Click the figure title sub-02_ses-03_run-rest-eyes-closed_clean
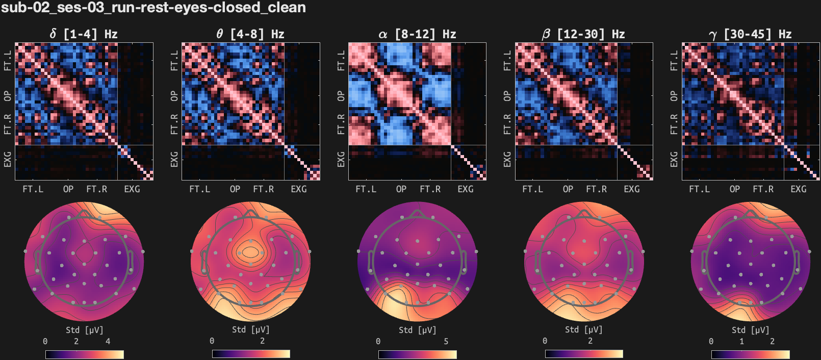[x=153, y=8]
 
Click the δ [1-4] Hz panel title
[x=84, y=34]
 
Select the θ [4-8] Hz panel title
[x=250, y=34]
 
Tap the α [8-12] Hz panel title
[x=417, y=34]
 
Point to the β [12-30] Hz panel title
[x=583, y=34]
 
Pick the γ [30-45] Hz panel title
[x=750, y=34]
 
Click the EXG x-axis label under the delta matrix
[x=132, y=189]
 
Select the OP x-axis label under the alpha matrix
[x=401, y=189]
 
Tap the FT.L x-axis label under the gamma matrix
[x=699, y=189]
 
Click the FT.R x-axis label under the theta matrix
[x=263, y=189]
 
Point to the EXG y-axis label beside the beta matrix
[x=507, y=159]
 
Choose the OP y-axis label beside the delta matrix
[x=8, y=96]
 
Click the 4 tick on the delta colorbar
[x=108, y=341]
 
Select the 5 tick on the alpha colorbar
[x=446, y=341]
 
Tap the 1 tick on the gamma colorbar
[x=742, y=341]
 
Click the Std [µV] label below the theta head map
[x=250, y=330]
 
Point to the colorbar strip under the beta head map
[x=583, y=354]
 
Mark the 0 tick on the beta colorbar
[x=545, y=341]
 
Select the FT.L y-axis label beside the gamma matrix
[x=674, y=61]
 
